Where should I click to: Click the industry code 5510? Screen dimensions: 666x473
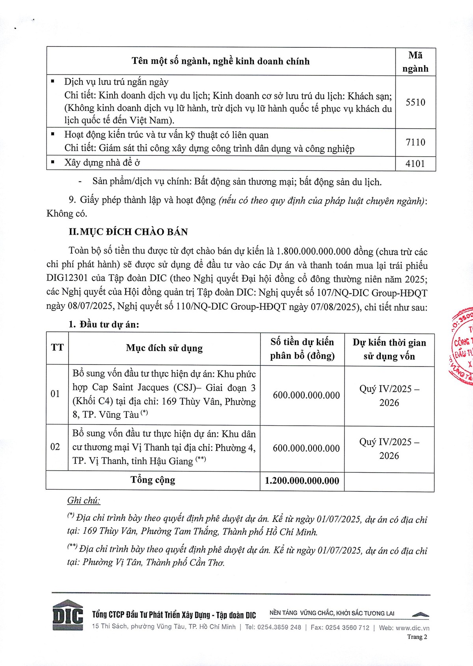(415, 102)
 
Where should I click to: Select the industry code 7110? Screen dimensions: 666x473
(415, 142)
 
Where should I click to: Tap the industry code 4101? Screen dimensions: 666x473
(415, 163)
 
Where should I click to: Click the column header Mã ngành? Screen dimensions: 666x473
(415, 62)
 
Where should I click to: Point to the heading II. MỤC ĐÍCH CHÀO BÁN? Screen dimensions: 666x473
(128, 232)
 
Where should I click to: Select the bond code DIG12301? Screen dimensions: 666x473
(67, 279)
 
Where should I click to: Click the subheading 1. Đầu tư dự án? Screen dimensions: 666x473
(104, 324)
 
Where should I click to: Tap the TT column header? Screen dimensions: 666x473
(57, 348)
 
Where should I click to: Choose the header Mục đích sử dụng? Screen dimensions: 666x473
(164, 348)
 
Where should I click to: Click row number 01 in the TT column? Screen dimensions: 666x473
(55, 394)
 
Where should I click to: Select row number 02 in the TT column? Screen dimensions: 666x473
(55, 447)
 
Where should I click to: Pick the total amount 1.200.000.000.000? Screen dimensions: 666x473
(302, 481)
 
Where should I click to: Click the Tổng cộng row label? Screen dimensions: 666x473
(153, 480)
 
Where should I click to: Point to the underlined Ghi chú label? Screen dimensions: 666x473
(84, 500)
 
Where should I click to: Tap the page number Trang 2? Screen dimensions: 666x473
(417, 637)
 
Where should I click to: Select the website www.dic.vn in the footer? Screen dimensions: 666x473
(412, 628)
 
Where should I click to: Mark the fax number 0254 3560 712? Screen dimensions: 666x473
(347, 627)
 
